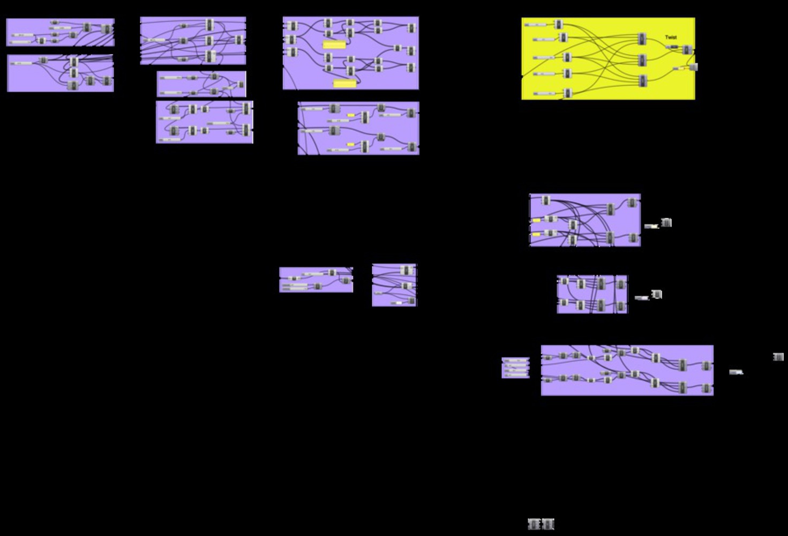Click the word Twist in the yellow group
[671, 38]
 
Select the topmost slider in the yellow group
[535, 25]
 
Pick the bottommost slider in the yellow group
[544, 94]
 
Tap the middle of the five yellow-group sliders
[544, 58]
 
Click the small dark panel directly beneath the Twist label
[673, 47]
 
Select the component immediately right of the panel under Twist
[687, 50]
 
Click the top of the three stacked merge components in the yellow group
[642, 39]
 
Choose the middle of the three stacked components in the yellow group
[642, 59]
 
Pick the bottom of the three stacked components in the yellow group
[642, 80]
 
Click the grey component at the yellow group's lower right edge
[693, 67]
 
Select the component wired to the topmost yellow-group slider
[559, 24]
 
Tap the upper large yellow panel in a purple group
[334, 45]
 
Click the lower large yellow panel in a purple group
[344, 83]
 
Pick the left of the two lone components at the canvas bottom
[534, 524]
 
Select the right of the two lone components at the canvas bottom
[547, 524]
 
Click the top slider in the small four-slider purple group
[515, 360]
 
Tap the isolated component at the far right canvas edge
[778, 357]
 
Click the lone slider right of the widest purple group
[736, 372]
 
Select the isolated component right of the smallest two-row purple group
[657, 294]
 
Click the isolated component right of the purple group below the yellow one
[666, 222]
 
